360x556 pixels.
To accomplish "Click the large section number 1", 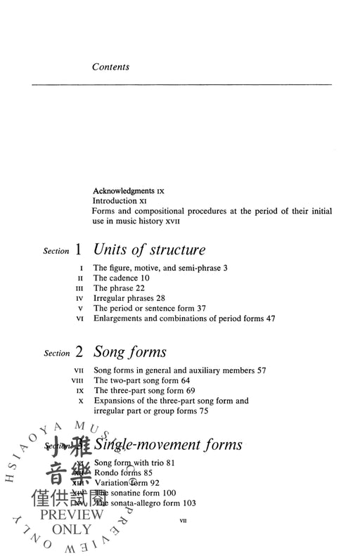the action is coord(79,250).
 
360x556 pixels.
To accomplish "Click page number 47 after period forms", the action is coord(269,318).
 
